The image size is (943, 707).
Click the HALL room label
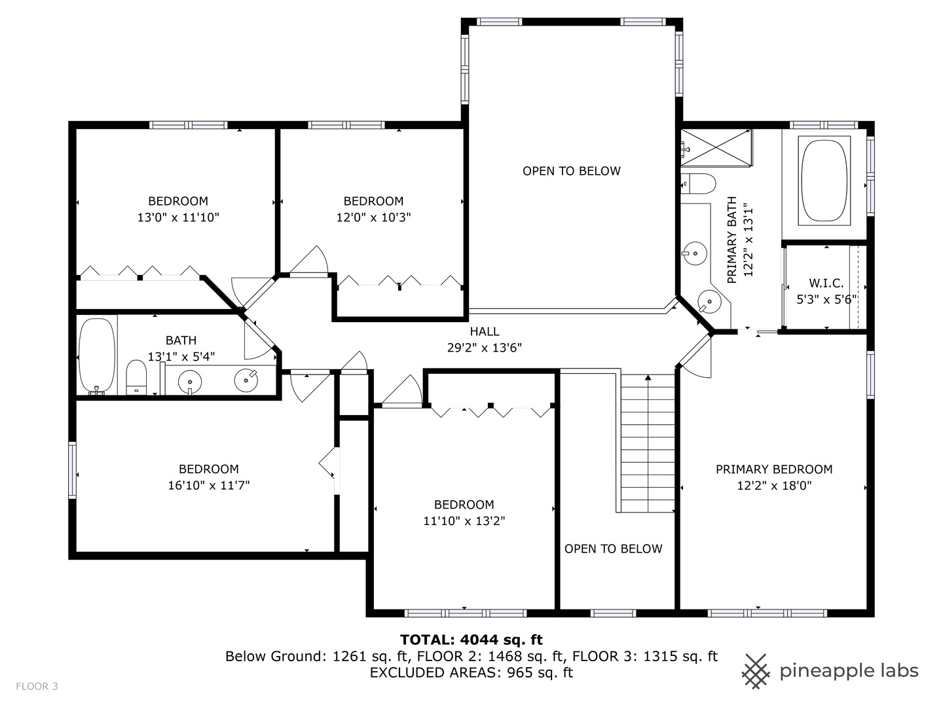click(484, 332)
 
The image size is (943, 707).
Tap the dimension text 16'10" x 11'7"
click(209, 485)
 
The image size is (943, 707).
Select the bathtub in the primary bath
click(824, 179)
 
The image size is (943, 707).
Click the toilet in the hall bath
click(136, 378)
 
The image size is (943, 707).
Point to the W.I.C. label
click(826, 283)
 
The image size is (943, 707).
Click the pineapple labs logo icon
click(756, 671)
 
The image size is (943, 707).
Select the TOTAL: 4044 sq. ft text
click(471, 640)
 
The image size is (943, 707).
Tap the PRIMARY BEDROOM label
click(773, 469)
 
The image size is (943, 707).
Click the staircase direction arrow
click(648, 378)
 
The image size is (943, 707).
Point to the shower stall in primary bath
click(716, 149)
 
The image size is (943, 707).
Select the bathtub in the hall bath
click(96, 355)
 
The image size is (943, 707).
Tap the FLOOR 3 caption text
click(37, 686)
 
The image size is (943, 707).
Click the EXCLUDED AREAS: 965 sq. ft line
click(471, 672)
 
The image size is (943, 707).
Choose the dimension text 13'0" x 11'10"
click(177, 217)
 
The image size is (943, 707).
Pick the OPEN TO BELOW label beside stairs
click(613, 549)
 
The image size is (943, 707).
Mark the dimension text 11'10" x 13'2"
click(464, 521)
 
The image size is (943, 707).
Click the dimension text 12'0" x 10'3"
click(373, 217)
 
